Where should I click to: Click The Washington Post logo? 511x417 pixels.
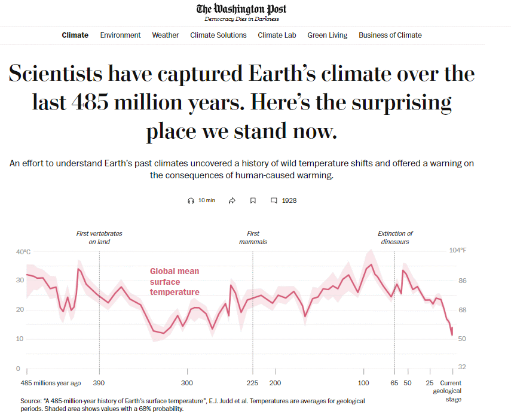(x=241, y=9)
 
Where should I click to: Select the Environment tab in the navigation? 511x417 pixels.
(x=120, y=35)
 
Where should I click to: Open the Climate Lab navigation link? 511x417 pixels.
(x=277, y=35)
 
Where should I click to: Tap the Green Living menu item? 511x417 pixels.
(x=327, y=35)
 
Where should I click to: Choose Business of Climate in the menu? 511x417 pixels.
(x=390, y=35)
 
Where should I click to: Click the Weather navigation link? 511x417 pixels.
(x=165, y=35)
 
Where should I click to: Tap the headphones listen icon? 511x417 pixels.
(x=191, y=200)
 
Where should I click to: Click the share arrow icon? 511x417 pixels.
(x=232, y=200)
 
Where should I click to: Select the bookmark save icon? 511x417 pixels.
(x=253, y=200)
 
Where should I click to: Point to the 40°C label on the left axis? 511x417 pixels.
(x=23, y=252)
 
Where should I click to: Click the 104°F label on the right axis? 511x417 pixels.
(x=457, y=251)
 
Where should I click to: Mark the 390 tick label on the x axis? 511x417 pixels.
(x=99, y=383)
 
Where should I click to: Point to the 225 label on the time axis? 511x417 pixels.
(x=252, y=383)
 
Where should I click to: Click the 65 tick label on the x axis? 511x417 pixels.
(x=394, y=383)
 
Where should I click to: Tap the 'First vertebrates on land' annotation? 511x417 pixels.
(x=99, y=238)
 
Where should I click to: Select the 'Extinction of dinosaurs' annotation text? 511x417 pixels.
(x=395, y=238)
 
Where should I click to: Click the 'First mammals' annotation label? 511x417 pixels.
(x=253, y=238)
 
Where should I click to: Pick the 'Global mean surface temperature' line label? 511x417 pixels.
(x=175, y=282)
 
